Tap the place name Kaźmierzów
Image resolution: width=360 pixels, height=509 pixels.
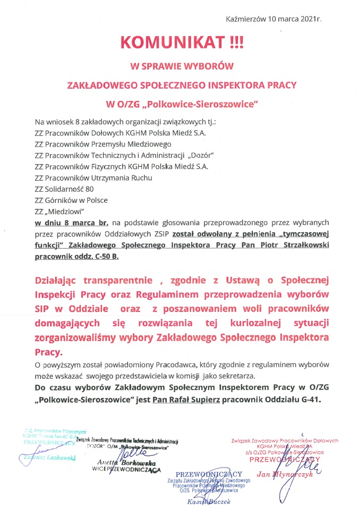click(244, 19)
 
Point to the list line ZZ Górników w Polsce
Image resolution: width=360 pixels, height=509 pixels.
click(71, 200)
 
